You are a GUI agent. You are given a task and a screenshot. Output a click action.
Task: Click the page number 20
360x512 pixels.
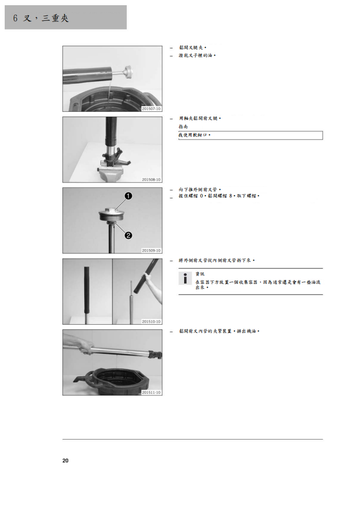(x=65, y=460)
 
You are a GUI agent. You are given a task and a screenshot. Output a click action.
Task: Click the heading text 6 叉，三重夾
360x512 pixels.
(x=41, y=18)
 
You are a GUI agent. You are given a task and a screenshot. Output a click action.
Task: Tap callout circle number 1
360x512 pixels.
(x=128, y=196)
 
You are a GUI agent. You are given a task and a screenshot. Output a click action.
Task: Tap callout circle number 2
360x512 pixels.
(x=128, y=235)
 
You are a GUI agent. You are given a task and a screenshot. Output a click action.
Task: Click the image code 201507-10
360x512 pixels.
(x=151, y=109)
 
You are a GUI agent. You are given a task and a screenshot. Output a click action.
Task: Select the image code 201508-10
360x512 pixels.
(x=151, y=180)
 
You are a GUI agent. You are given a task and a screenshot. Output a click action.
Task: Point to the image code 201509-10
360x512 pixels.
(x=151, y=250)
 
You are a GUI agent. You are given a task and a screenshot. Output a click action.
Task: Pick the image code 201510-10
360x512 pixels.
(x=151, y=322)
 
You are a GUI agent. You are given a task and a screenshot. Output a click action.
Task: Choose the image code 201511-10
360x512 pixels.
(x=151, y=392)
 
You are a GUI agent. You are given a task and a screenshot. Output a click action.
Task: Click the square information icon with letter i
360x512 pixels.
(x=185, y=278)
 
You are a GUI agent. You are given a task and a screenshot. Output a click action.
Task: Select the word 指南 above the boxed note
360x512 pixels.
(x=183, y=126)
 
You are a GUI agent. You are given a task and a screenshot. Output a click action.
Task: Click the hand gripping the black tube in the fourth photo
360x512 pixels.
(x=149, y=279)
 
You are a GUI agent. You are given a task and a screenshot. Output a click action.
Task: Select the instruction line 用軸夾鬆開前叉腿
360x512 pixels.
(x=199, y=118)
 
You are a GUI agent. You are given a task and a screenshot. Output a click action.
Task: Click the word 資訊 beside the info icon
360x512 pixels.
(x=200, y=274)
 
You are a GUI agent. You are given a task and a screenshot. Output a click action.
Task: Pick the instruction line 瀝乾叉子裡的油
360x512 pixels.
(x=197, y=56)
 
